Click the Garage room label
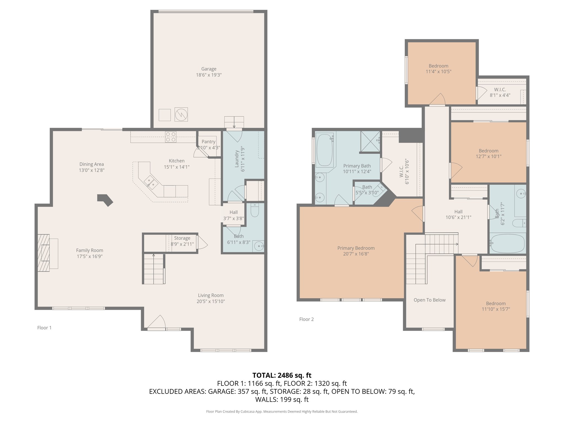click(209, 69)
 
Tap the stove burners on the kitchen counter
click(171, 137)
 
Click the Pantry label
click(208, 142)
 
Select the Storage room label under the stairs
click(182, 238)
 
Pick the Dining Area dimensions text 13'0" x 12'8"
click(92, 170)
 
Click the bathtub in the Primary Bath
click(325, 150)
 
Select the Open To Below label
click(430, 300)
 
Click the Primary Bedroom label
click(356, 248)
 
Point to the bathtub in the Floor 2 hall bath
click(507, 243)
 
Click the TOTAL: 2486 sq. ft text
click(282, 375)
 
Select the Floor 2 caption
click(307, 319)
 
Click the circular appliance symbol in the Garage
click(181, 114)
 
